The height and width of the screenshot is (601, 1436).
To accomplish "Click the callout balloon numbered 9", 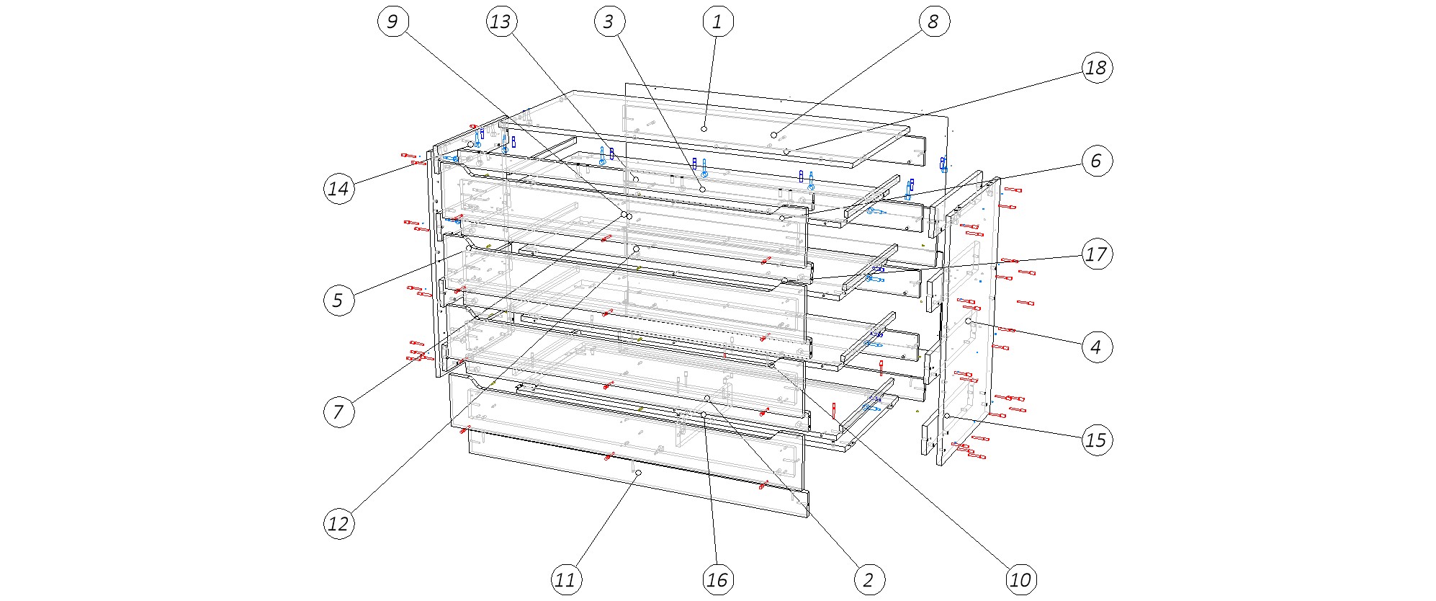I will [x=392, y=22].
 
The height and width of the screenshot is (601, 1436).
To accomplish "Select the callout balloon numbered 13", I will [x=501, y=22].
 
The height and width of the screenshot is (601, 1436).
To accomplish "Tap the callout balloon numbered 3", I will [x=609, y=22].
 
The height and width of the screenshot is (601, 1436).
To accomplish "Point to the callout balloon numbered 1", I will [x=717, y=22].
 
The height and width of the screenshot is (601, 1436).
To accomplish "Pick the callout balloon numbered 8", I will [x=933, y=22].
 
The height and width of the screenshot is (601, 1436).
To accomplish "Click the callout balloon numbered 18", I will [x=1095, y=68].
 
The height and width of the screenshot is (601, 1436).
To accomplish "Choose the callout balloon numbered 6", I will [x=1095, y=161].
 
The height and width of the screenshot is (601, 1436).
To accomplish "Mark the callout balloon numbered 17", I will [x=1095, y=254].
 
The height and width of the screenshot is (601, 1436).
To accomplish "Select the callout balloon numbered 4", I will [x=1095, y=347].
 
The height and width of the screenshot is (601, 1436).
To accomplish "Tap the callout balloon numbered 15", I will [x=1095, y=440].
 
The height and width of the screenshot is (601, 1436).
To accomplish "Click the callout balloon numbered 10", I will [x=1020, y=579].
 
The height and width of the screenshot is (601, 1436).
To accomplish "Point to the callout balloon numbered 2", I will [x=869, y=579].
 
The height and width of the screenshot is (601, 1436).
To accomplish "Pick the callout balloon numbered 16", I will [x=717, y=579].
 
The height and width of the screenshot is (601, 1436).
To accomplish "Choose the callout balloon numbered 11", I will [x=566, y=579].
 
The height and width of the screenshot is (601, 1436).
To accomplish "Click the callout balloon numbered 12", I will [x=338, y=524].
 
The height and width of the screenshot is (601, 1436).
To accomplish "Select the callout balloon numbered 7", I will [x=338, y=413].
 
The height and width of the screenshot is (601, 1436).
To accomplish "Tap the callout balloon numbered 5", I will [x=338, y=300].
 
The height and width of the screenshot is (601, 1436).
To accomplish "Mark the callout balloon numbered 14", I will [x=338, y=189].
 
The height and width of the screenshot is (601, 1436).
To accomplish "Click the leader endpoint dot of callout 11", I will [x=638, y=472].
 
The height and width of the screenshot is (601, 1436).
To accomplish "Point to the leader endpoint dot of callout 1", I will [x=704, y=128].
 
